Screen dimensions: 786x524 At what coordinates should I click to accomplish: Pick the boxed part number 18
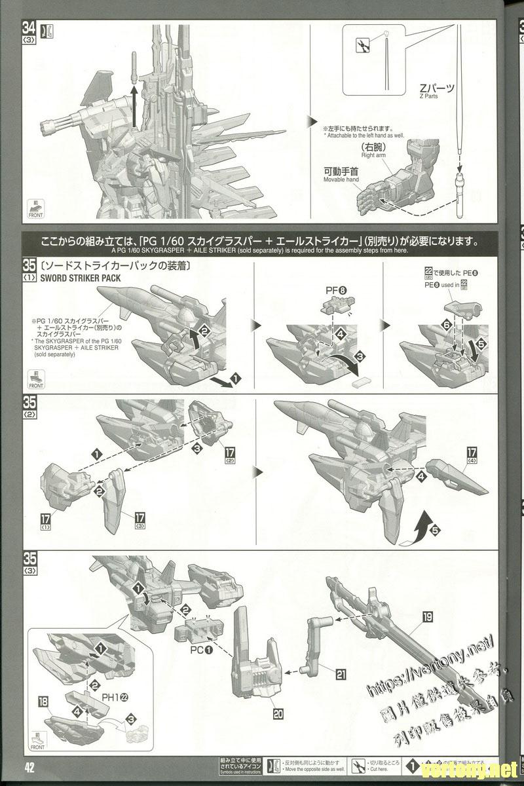point(44,702)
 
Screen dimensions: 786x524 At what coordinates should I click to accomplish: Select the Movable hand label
point(341,175)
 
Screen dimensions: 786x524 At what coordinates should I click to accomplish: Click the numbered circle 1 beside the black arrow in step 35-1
point(236,379)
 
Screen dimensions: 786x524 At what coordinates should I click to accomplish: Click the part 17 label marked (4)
point(472,456)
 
